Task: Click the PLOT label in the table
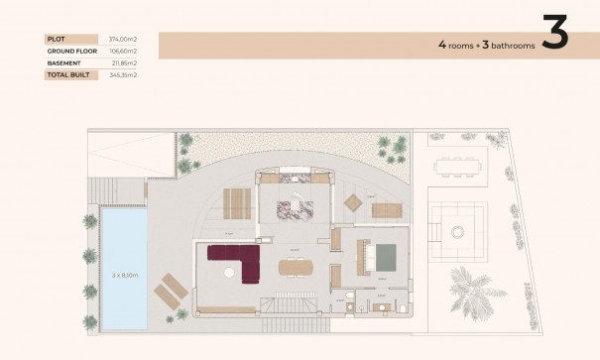[x=55, y=40]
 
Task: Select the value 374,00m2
[x=123, y=40]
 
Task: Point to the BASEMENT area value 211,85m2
[x=123, y=62]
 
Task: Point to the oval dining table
[x=295, y=265]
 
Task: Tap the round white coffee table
[x=458, y=231]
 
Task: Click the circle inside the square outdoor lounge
[x=458, y=231]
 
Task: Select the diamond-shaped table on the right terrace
[x=354, y=201]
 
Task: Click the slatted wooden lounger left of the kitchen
[x=238, y=203]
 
